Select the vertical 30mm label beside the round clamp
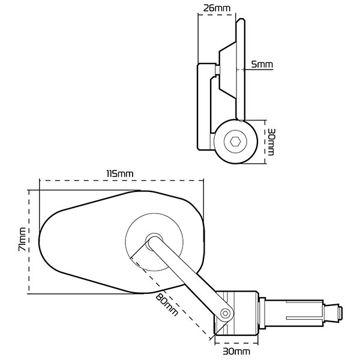(271, 142)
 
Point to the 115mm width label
(119, 173)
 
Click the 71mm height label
(22, 239)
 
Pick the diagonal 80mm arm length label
(166, 304)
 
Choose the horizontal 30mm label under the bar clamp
(237, 350)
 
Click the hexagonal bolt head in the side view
(236, 142)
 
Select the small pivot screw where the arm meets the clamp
(226, 313)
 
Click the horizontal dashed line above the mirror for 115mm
(119, 179)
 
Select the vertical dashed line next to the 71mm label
(29, 241)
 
